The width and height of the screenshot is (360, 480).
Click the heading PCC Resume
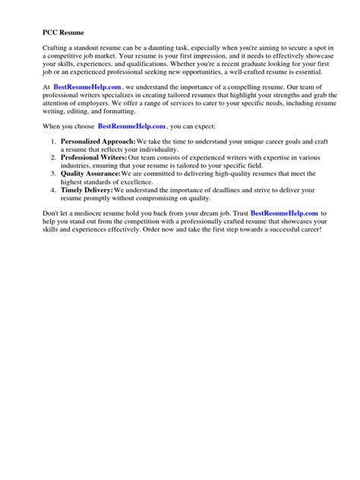64,33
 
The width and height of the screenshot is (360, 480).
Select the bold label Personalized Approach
98,141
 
